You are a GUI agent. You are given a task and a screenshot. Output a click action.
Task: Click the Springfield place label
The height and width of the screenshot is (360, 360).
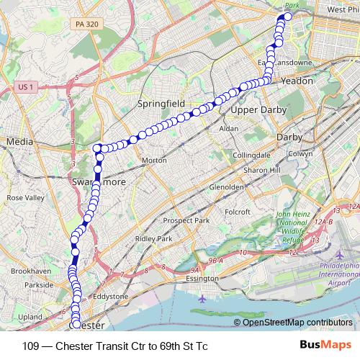[x=161, y=104]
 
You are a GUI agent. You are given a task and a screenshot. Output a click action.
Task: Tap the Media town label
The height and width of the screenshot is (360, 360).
[x=20, y=143]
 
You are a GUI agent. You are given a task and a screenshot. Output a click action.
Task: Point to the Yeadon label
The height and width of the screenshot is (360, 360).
[x=297, y=81]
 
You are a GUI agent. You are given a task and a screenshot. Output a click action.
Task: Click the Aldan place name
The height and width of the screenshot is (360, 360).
[x=228, y=128]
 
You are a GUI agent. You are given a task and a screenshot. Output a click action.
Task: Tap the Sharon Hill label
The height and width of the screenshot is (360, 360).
[x=261, y=170]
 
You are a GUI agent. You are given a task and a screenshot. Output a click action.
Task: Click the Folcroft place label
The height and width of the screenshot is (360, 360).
[x=237, y=212]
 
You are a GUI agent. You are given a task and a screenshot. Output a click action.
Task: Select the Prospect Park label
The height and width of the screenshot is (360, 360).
[x=186, y=220]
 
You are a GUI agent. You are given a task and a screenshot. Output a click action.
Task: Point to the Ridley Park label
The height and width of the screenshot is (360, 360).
[x=154, y=238]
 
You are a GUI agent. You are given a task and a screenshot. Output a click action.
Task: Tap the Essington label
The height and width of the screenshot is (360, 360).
[x=202, y=278]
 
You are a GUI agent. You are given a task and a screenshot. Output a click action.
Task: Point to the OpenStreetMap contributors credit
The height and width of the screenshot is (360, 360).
[x=297, y=322]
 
